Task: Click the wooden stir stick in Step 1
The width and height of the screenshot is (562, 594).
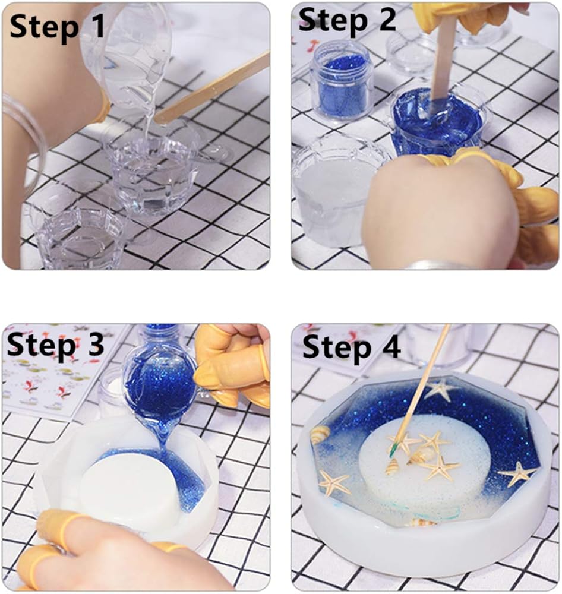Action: tap(212, 90)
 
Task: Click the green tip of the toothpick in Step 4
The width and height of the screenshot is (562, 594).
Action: tap(393, 451)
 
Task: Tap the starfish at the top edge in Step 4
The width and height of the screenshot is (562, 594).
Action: tap(440, 390)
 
